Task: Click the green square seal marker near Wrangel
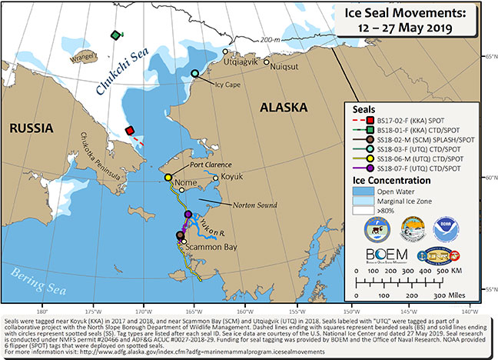pyautogui.click(x=116, y=35)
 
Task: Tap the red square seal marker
pyautogui.click(x=131, y=131)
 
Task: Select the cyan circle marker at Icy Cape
pyautogui.click(x=195, y=74)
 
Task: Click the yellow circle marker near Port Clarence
pyautogui.click(x=168, y=178)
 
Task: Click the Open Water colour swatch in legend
pyautogui.click(x=363, y=196)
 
